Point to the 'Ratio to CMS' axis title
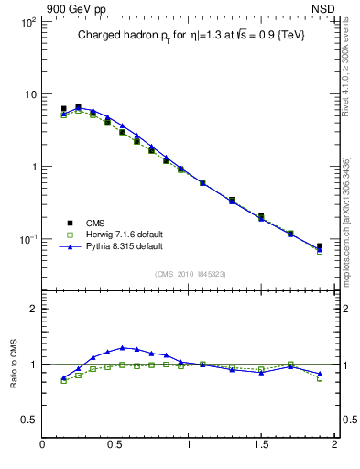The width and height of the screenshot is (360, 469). point(15,364)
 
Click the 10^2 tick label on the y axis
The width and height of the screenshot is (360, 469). point(27,22)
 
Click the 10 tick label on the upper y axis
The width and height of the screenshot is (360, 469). point(29,94)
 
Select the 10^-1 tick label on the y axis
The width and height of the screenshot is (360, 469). point(27,239)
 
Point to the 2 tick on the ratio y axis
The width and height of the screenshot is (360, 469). point(33,309)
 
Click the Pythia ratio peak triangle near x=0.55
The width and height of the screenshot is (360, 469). point(122,347)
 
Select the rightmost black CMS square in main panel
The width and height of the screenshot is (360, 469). point(319,246)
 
